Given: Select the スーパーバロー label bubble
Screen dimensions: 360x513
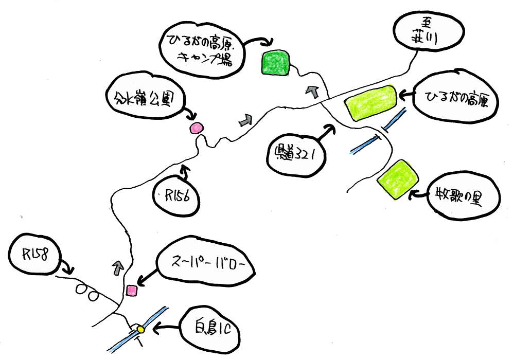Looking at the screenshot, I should tap(206, 265).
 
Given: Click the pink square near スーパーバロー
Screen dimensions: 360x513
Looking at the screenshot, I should tap(132, 291).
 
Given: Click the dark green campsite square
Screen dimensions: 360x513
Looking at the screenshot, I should tap(275, 63).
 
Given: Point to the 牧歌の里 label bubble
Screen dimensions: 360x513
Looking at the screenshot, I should tap(460, 199).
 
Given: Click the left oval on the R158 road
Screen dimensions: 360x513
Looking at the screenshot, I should tap(81, 289).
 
